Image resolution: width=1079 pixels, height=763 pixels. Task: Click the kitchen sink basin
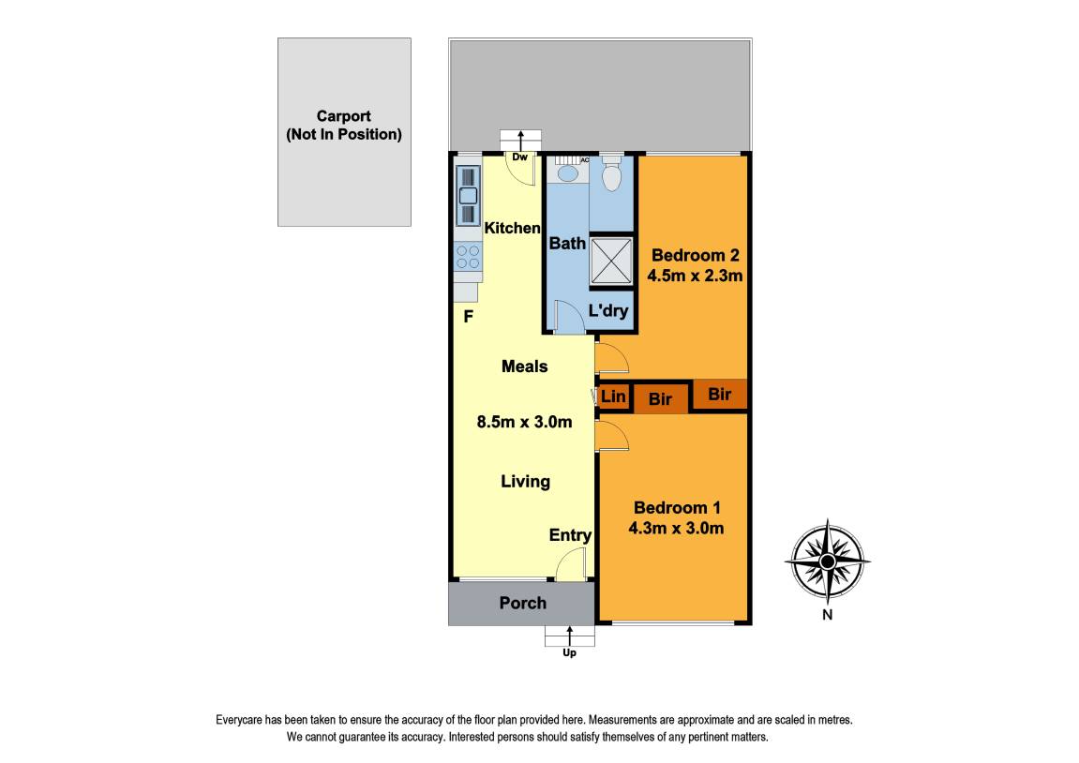pos(467,196)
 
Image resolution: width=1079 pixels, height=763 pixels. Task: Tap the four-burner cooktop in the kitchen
pos(467,257)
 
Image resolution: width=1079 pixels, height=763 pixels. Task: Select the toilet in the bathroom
pos(611,175)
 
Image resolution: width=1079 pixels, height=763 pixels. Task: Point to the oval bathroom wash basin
pos(567,173)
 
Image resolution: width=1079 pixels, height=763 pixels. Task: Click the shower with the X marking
pos(611,260)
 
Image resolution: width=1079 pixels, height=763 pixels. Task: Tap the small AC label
pos(585,160)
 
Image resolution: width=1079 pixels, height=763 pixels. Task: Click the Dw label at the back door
pos(520,157)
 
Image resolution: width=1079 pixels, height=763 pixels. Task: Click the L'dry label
pos(607,311)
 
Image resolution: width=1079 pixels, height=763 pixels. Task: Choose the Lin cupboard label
pos(613,396)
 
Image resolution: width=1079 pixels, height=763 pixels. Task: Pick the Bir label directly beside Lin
pos(661,399)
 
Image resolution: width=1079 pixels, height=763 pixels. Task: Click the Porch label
pos(522,603)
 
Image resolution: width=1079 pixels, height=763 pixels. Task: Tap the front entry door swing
pos(570,565)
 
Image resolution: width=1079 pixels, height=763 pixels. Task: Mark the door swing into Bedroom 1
pos(610,436)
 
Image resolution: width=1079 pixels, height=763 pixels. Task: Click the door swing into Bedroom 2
pos(610,357)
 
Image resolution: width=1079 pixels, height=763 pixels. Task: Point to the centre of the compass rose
pos(827,561)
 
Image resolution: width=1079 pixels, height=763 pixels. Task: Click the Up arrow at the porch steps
pos(569,639)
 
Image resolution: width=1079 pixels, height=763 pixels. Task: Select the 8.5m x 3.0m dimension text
pos(524,422)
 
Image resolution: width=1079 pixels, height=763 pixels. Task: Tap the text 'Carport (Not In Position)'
pos(343,126)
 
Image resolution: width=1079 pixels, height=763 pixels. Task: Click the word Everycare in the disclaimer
pos(242,720)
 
